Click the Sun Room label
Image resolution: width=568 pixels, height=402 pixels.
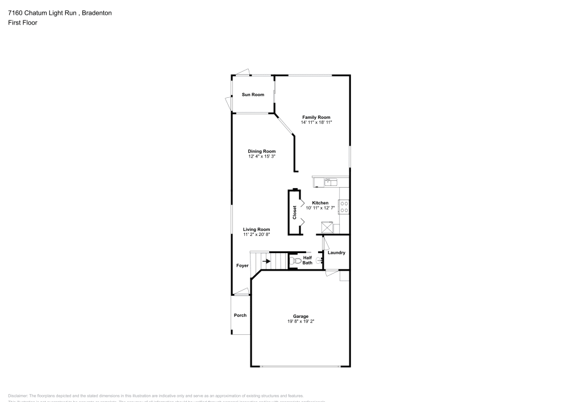click(253, 94)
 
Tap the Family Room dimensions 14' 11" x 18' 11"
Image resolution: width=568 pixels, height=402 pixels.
click(316, 122)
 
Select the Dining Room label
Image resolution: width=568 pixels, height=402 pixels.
click(261, 151)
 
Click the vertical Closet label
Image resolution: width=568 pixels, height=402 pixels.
click(294, 213)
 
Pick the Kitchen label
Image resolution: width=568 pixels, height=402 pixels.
click(320, 203)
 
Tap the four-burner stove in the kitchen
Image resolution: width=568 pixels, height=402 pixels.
click(344, 207)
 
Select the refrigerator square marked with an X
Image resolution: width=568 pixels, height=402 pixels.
click(328, 227)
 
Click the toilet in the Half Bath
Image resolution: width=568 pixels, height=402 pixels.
click(295, 261)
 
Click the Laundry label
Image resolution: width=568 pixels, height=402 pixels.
click(336, 252)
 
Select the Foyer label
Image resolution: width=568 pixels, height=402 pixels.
click(243, 266)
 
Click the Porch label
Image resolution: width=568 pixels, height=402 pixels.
click(240, 315)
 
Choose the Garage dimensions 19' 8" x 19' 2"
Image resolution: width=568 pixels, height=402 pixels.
click(300, 321)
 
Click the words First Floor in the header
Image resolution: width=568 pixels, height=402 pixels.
click(23, 23)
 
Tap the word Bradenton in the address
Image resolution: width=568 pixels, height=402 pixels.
click(95, 13)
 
